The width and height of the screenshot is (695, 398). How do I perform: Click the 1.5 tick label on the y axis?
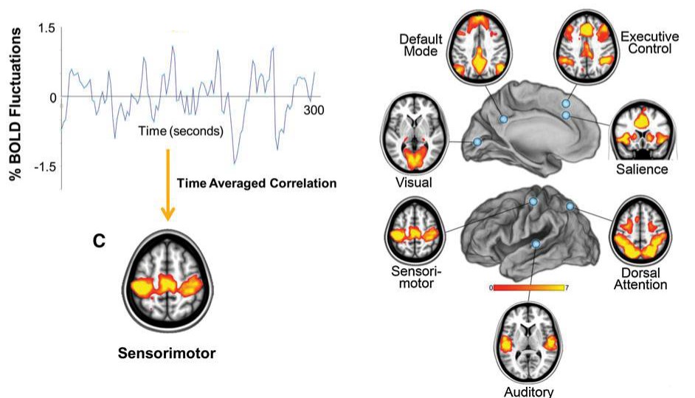click(46, 29)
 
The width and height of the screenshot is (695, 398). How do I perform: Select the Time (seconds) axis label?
click(181, 131)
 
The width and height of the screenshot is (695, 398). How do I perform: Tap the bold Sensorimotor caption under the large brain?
click(167, 353)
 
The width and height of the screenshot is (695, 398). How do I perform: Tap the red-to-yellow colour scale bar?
click(528, 288)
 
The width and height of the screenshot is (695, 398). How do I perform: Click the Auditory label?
click(528, 391)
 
